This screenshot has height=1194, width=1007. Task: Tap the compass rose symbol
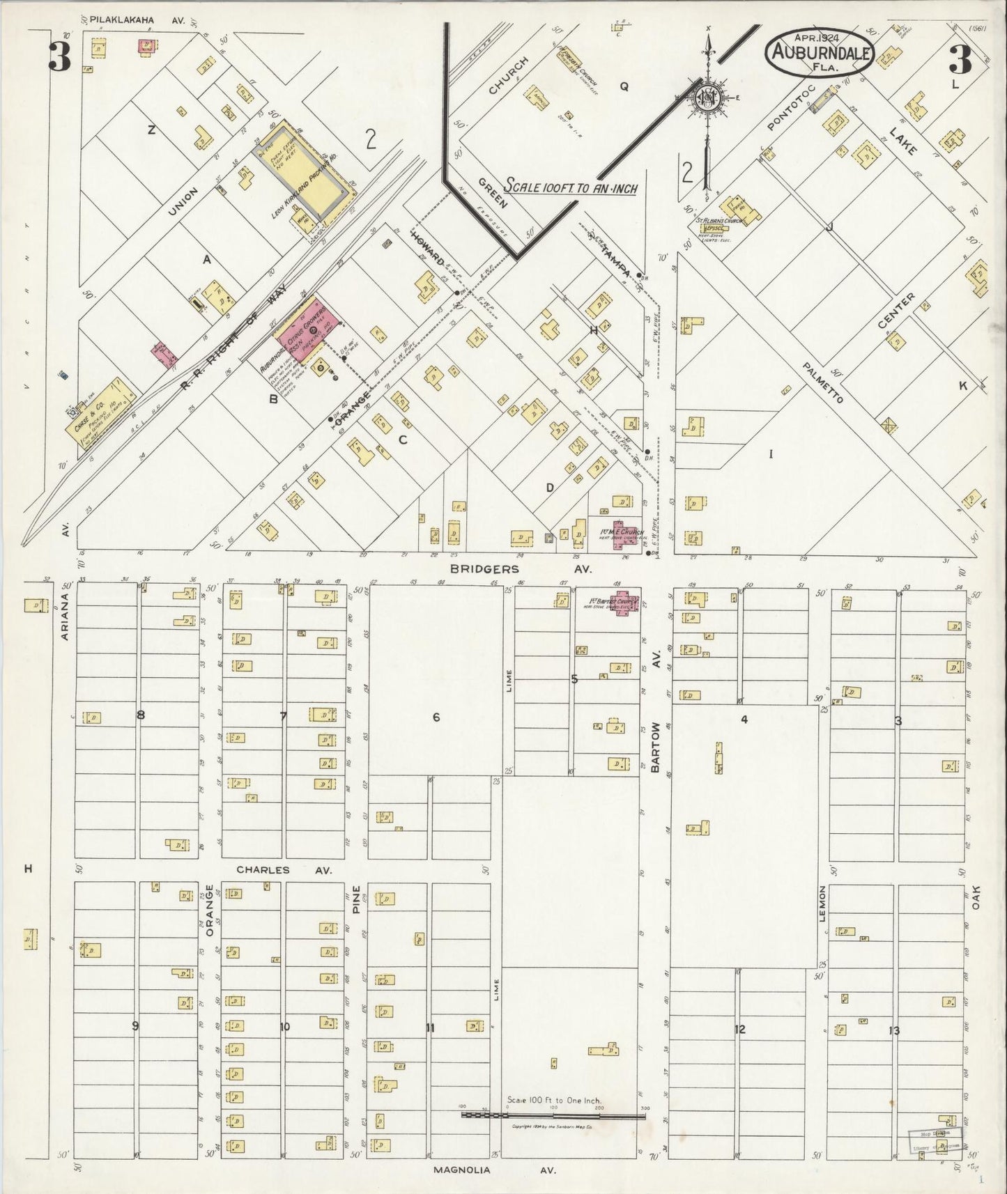click(708, 98)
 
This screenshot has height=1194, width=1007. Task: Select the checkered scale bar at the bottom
click(554, 1115)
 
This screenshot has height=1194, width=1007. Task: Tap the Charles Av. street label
click(284, 869)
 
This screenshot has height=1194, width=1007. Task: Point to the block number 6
click(436, 717)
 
